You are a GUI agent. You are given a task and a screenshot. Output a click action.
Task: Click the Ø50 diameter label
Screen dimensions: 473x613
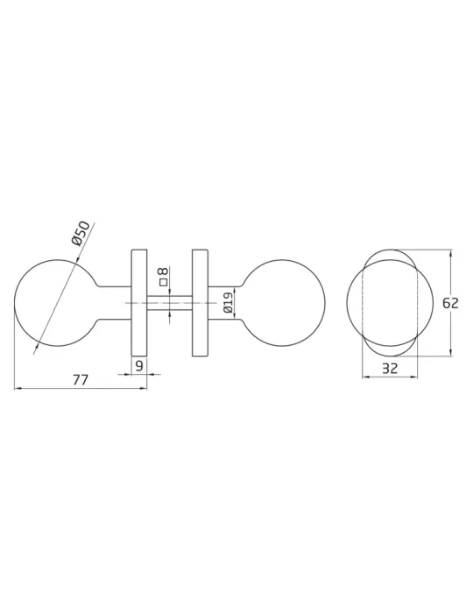click(81, 234)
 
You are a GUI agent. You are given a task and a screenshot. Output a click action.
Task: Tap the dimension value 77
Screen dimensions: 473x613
click(80, 379)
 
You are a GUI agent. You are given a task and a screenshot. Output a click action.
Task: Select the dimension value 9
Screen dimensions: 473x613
click(138, 365)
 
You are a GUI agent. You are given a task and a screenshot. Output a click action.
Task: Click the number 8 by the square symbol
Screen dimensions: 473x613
click(164, 271)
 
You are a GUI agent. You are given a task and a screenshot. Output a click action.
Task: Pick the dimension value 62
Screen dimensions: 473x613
click(450, 303)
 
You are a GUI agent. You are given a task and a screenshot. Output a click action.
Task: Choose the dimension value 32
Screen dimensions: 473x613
click(389, 369)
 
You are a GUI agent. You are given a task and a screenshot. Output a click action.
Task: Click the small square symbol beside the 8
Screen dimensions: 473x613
click(164, 282)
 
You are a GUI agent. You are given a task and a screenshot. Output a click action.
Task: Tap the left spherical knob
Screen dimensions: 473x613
click(55, 302)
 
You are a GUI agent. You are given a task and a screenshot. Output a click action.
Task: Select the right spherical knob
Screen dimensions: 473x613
click(284, 303)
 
